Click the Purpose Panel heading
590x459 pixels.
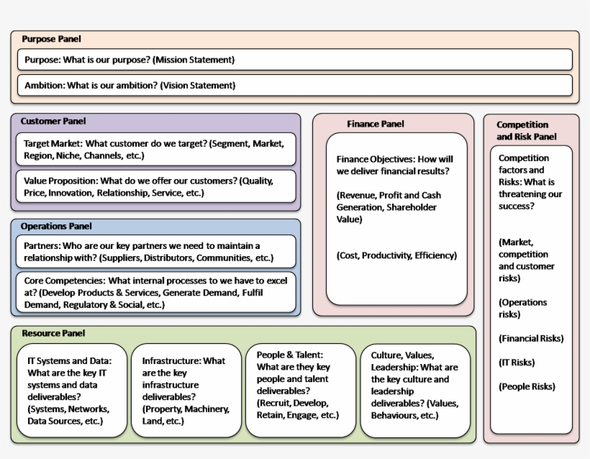[51, 39]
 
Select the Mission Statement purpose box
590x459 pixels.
[295, 60]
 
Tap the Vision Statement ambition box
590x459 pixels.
[295, 85]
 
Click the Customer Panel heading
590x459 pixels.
[53, 122]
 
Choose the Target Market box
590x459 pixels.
[155, 149]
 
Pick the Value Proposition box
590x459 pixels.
[155, 187]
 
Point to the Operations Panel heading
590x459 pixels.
[56, 227]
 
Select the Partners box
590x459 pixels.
[155, 252]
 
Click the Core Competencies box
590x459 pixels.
[155, 293]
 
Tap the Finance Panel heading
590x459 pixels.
[376, 124]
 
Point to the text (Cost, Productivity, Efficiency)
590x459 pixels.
[396, 255]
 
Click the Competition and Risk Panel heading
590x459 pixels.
[526, 130]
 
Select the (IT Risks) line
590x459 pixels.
[516, 363]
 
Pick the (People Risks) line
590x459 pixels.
[527, 386]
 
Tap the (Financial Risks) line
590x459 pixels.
[531, 338]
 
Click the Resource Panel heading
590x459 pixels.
[53, 334]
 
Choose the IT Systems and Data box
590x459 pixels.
[71, 391]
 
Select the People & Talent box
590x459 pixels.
[300, 391]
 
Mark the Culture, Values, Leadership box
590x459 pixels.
[415, 391]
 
